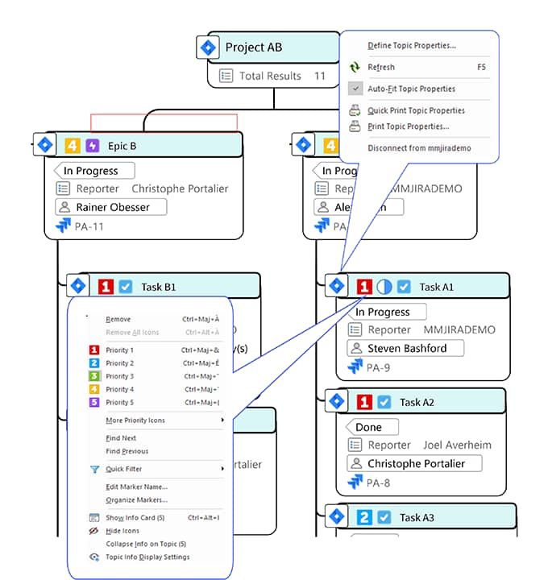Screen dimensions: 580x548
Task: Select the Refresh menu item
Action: pos(381,68)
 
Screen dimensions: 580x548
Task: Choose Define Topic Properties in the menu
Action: pos(411,46)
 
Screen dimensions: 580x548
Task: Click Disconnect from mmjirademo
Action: pos(419,148)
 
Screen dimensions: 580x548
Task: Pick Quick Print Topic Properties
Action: pos(416,110)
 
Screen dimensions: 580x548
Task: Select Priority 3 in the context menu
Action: pos(119,376)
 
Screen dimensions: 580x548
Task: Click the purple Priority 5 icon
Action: pos(94,402)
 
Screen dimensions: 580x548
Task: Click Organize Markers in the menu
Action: pos(136,499)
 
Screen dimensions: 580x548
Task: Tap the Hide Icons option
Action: pos(122,531)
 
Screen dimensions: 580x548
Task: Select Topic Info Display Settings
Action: pos(147,557)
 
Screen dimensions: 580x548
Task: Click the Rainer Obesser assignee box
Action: pos(110,207)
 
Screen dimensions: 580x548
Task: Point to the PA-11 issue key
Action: pos(89,226)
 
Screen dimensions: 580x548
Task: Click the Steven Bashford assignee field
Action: pos(406,349)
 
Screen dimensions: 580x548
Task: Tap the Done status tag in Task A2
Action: pos(371,428)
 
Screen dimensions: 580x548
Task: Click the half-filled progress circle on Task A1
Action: pos(384,287)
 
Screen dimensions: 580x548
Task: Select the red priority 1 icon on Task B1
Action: pos(106,287)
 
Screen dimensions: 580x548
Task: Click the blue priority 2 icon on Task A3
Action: pos(364,517)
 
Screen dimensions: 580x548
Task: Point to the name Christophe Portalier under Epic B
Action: pos(180,188)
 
